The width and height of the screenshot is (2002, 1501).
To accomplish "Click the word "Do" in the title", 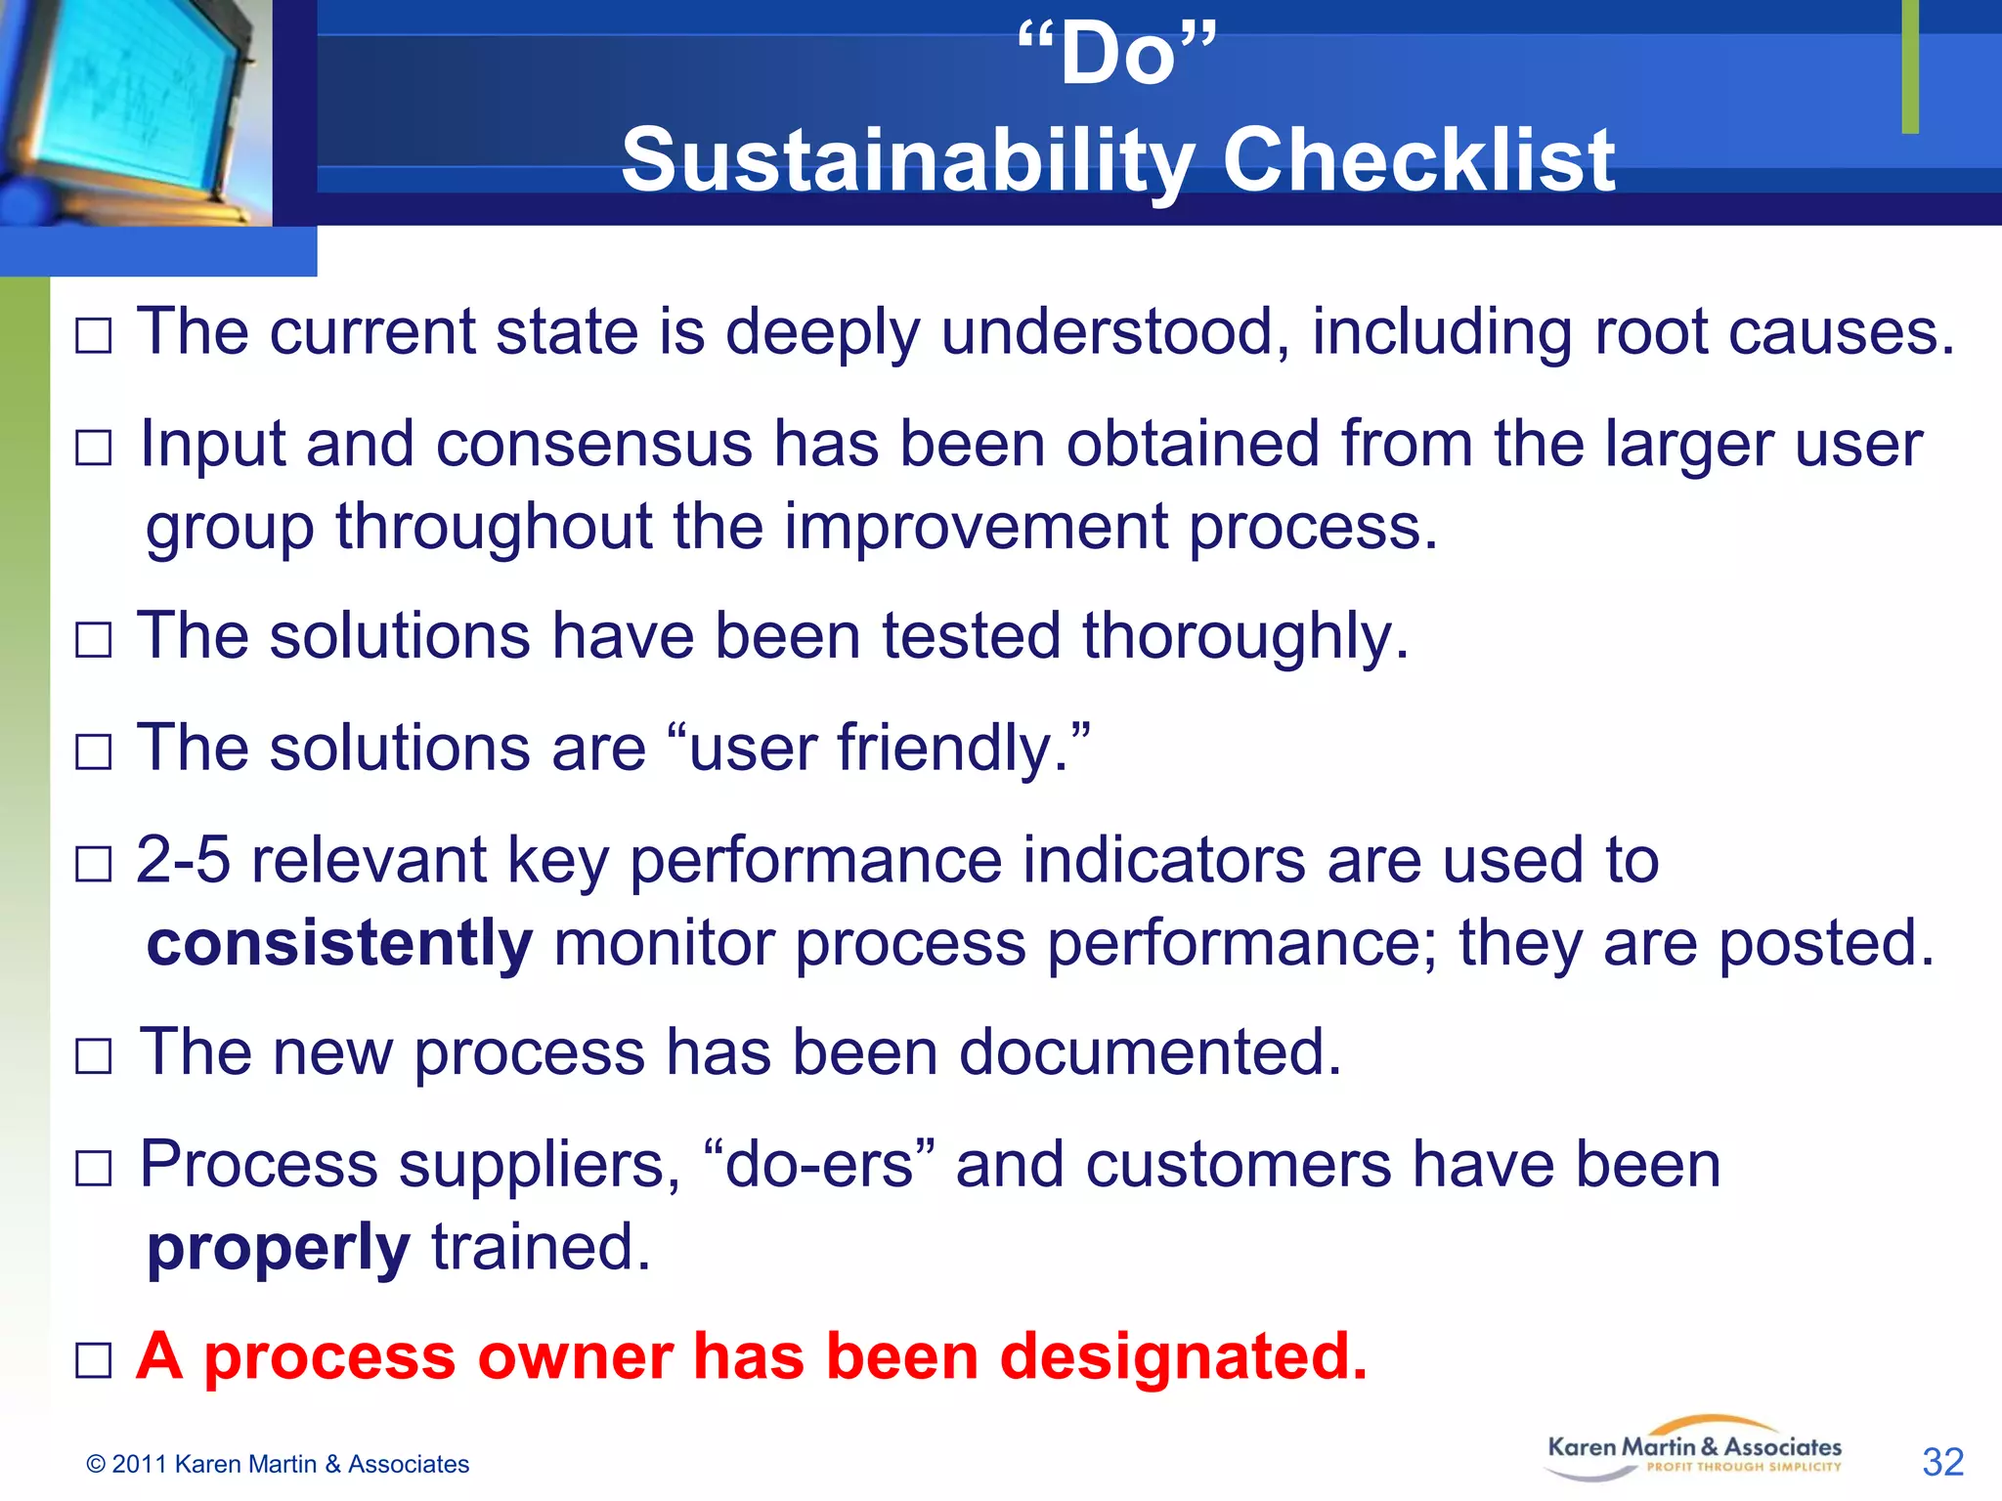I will coord(1117,56).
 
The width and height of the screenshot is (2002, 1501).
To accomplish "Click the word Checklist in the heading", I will coord(1418,159).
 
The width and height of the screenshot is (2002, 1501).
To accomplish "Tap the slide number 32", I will coord(1942,1462).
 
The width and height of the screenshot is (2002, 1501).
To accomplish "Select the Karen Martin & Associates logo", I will coord(1694,1449).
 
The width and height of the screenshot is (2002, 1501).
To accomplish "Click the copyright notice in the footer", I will coord(278,1464).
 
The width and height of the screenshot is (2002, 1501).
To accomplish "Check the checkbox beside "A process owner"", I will coord(94,1360).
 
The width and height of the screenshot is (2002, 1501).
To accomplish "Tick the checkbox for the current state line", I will coord(94,336).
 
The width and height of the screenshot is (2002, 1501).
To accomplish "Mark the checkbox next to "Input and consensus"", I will coord(94,449).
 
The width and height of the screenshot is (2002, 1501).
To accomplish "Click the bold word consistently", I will coord(339,944).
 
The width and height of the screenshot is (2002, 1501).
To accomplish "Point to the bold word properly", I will coord(278,1249).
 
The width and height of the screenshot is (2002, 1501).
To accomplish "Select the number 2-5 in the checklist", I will coord(183,860).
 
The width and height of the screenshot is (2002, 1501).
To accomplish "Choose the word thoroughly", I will coord(1244,637).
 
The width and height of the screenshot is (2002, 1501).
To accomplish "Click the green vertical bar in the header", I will coord(1910,65).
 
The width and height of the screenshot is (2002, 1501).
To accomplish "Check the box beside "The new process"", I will coord(94,1056).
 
